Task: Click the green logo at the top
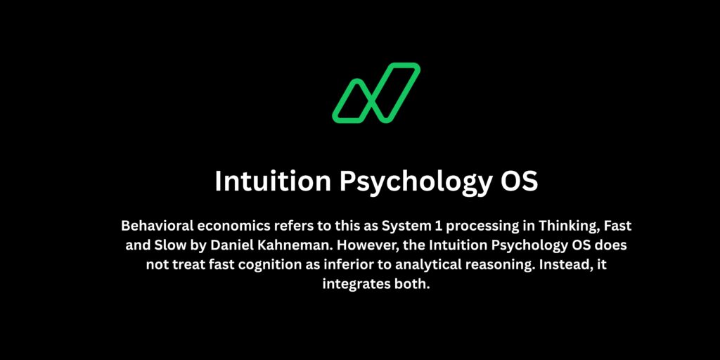click(x=376, y=92)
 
